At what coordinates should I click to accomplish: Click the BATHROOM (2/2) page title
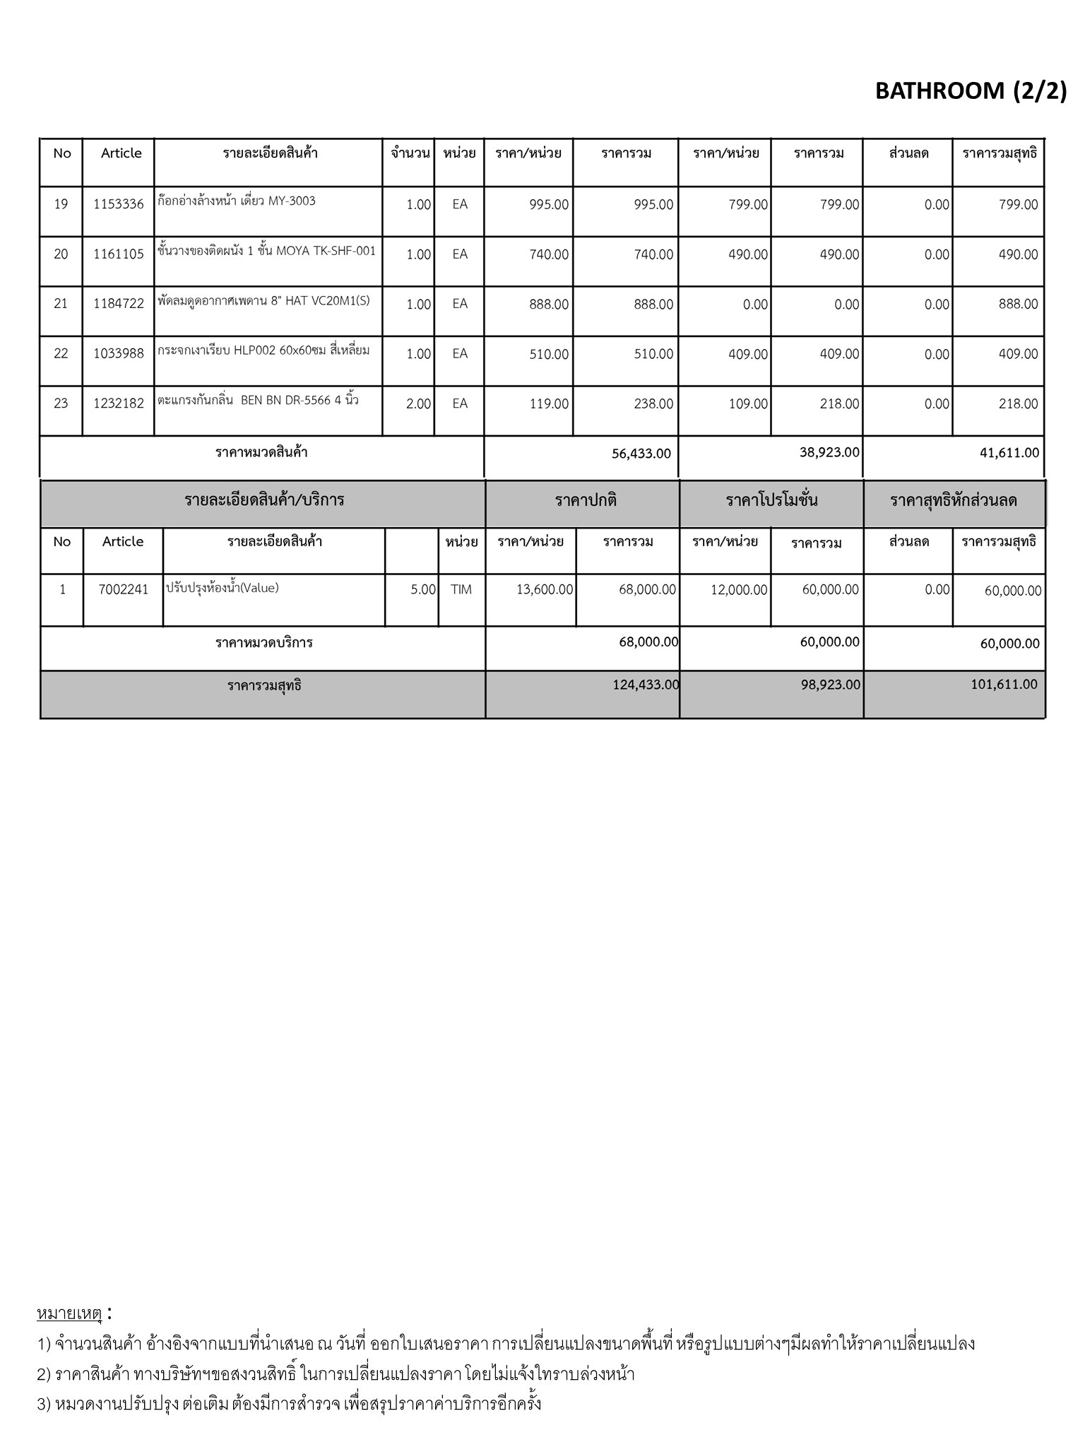(x=971, y=91)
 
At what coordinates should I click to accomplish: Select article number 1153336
(x=119, y=204)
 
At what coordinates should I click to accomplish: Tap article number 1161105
(x=119, y=254)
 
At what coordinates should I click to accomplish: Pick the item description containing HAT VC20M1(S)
(x=263, y=301)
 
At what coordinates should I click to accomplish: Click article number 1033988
(x=119, y=354)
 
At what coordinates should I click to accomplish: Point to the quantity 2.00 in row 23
(x=418, y=403)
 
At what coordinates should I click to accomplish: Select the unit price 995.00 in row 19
(x=549, y=205)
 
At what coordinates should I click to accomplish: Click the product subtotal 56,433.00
(x=641, y=454)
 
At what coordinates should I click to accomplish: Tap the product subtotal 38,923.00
(x=829, y=452)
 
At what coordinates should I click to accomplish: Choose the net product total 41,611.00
(x=1009, y=453)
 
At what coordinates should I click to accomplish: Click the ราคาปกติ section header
(x=586, y=501)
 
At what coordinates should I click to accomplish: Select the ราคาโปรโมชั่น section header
(x=771, y=501)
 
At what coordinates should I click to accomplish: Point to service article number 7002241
(x=124, y=589)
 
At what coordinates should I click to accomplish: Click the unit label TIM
(x=461, y=589)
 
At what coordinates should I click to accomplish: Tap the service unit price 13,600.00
(x=545, y=589)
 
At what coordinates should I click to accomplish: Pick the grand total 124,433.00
(x=646, y=684)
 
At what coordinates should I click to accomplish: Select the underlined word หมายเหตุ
(x=69, y=1313)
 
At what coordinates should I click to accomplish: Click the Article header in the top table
(x=121, y=153)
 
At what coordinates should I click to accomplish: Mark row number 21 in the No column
(x=61, y=304)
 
